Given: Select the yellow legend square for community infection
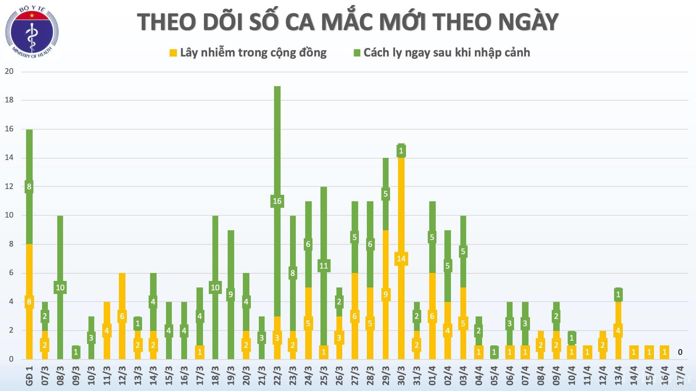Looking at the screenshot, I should pos(173,53).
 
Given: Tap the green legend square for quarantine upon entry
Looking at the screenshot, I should pos(357,53).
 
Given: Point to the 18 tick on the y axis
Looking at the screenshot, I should pos(9,100).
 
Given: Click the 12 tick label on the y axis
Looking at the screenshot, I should pos(9,186).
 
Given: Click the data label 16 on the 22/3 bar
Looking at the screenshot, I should pos(277,201).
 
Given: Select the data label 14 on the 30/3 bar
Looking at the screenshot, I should pos(401,258).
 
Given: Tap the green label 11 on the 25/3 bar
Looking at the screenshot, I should pos(323,266).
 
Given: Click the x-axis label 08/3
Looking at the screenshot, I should pos(60,375).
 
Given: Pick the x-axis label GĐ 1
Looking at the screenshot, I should pos(29,375).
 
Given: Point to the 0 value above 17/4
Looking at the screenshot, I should pos(680,352).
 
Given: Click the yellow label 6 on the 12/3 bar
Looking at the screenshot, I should pos(122,316).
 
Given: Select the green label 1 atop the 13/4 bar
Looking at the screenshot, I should pos(618,294).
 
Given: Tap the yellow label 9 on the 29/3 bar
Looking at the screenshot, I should pos(385,294).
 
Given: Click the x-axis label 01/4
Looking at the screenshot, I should pos(432,375).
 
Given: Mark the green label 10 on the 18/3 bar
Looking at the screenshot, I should pos(215,287).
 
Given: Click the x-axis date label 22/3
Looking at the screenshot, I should pos(277,375).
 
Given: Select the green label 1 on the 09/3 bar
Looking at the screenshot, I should pos(76,352).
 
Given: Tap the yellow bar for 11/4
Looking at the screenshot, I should pos(587,352).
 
